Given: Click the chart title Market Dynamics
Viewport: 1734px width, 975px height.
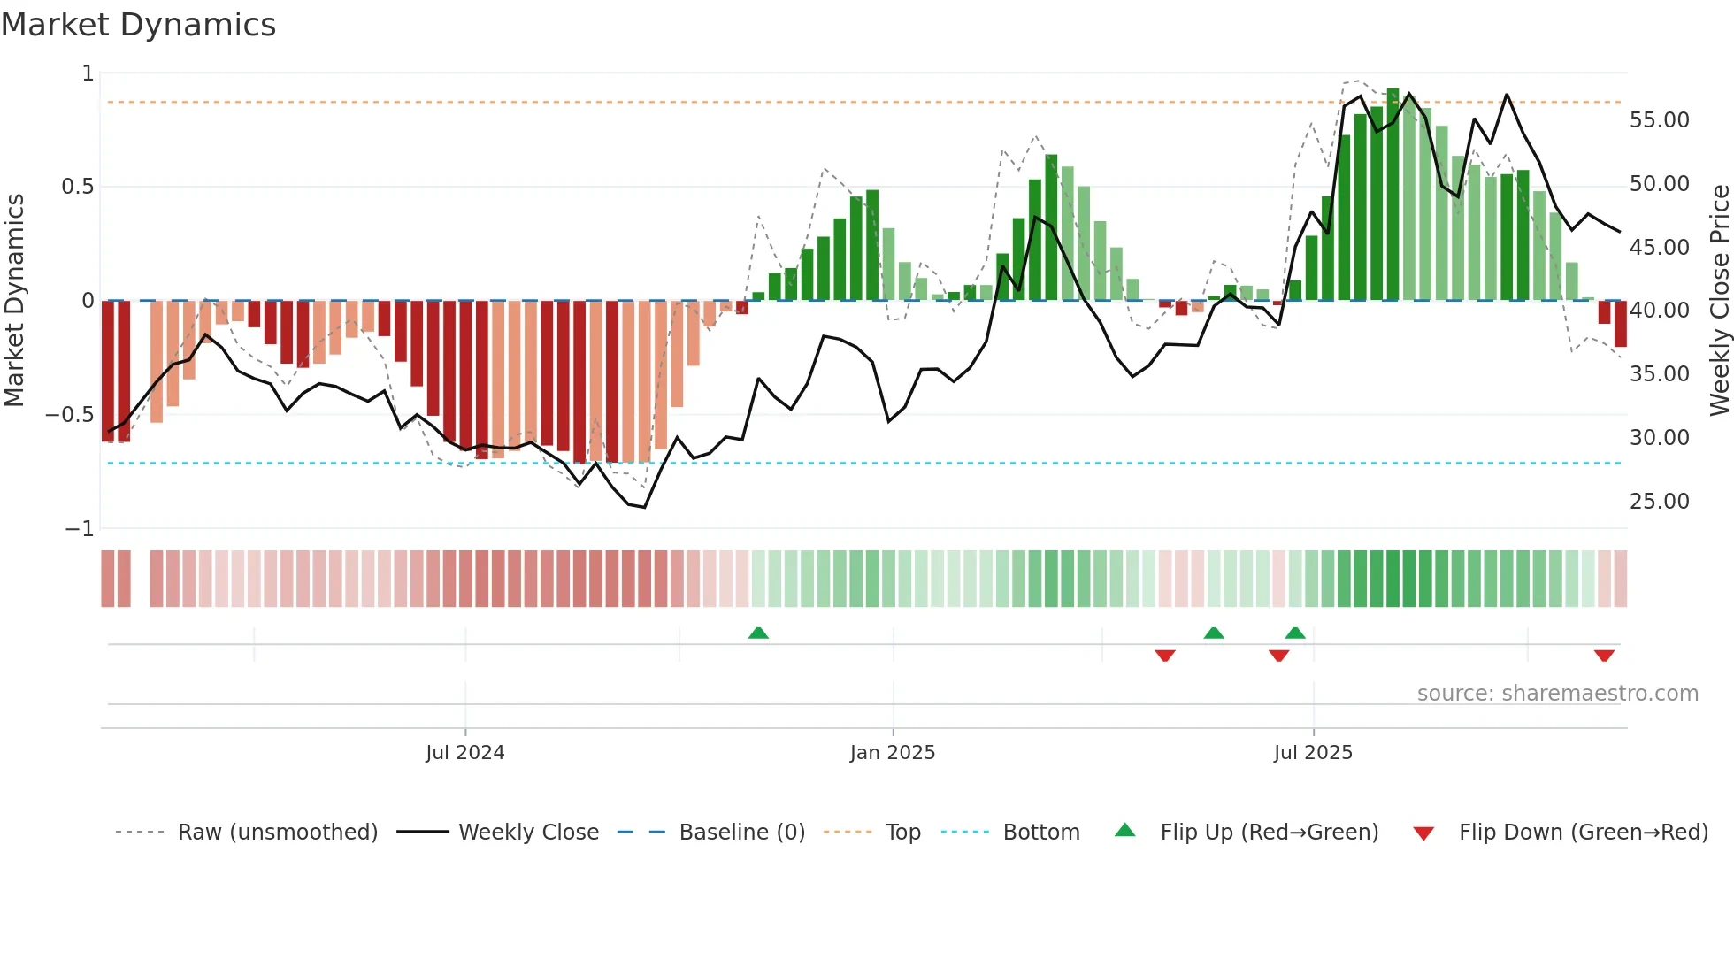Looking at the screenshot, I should point(139,25).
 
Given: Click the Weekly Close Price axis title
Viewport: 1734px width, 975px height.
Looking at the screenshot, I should point(1719,300).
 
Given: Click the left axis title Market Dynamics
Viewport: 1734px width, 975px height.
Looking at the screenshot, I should point(14,300).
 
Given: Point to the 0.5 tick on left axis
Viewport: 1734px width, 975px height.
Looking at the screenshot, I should point(77,187).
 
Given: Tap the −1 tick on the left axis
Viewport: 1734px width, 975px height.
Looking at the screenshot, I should point(80,528).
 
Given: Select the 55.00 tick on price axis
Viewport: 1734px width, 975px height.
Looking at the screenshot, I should point(1659,120).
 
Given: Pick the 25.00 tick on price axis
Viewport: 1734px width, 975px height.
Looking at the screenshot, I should point(1659,502).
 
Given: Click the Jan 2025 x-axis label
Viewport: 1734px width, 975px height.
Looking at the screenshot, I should point(892,753).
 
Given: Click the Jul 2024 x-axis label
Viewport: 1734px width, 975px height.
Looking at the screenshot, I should point(464,753).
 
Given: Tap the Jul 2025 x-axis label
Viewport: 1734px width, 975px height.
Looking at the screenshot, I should point(1313,753).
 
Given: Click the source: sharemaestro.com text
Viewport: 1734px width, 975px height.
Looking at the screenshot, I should point(1557,694).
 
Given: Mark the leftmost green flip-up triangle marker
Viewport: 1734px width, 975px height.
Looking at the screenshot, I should point(758,633).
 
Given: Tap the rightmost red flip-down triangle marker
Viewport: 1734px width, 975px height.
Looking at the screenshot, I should point(1604,656).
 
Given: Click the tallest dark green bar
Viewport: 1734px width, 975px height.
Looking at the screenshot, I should point(1393,195).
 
